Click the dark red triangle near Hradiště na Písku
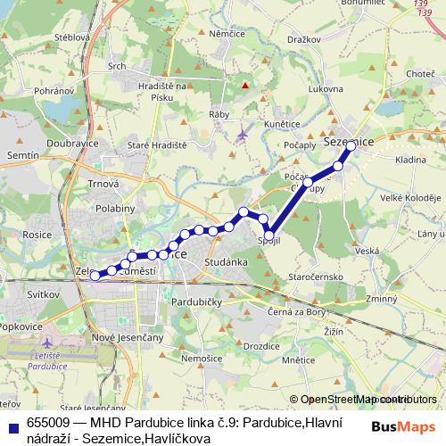[x=245, y=86]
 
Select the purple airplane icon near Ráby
[x=244, y=134]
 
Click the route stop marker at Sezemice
[x=351, y=145]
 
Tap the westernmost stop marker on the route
[x=95, y=276]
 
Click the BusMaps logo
[x=402, y=427]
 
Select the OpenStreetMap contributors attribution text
[x=363, y=400]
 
